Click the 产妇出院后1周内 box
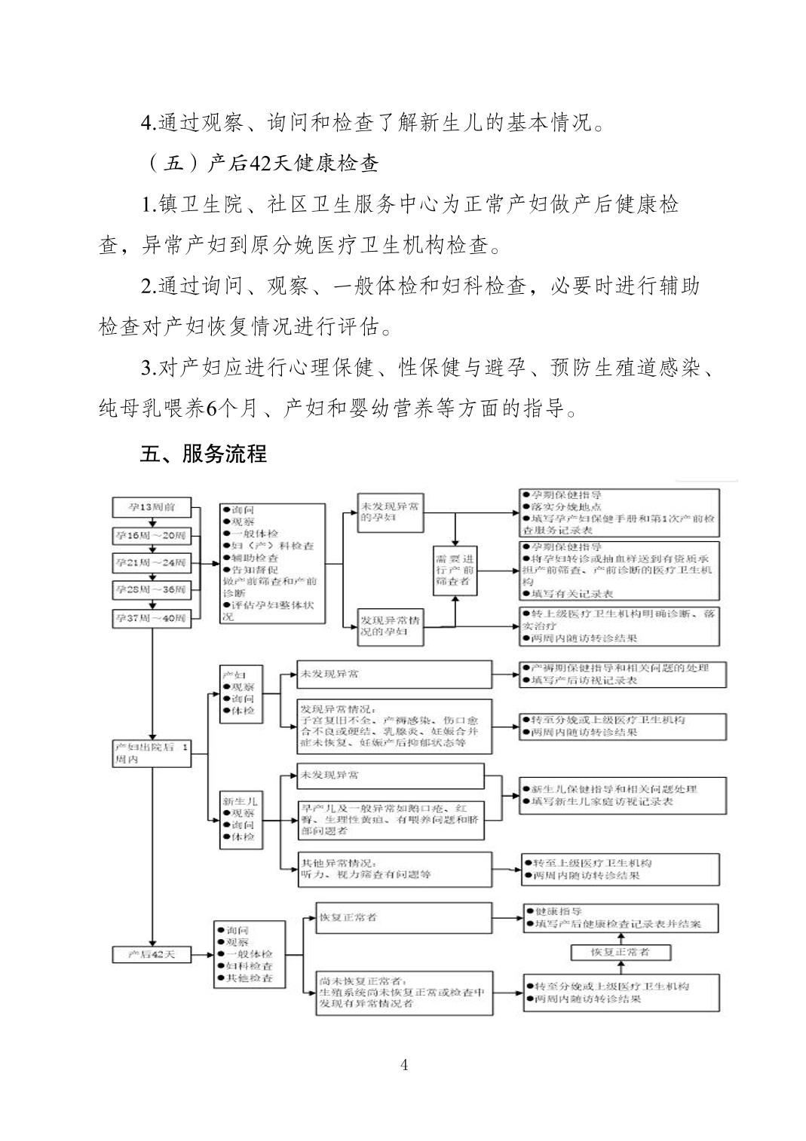coord(151,752)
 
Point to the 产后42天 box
coord(152,953)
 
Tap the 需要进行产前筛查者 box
coord(455,570)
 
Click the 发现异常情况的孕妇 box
coord(391,626)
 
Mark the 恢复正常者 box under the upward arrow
coord(621,952)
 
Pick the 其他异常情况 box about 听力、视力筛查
coord(385,869)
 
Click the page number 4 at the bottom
coord(404,1064)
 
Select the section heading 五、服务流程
coord(203,454)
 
